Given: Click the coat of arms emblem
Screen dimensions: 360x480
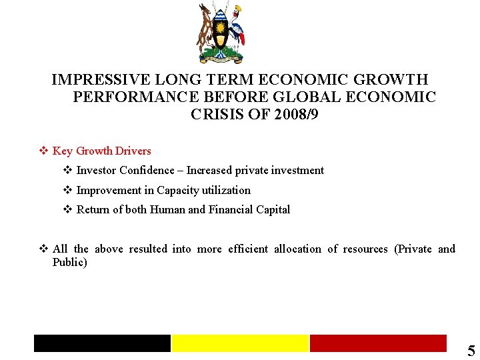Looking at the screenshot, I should click(221, 33).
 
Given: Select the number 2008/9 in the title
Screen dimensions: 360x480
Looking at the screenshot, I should click(295, 115).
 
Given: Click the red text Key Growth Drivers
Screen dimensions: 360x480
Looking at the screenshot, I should click(102, 151).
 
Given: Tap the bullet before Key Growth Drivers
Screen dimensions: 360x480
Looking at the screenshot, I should click(43, 151).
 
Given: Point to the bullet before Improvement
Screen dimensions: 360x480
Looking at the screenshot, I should click(67, 190).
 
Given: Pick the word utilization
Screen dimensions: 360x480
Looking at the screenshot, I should click(223, 191).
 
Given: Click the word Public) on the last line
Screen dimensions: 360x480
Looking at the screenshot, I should click(70, 263).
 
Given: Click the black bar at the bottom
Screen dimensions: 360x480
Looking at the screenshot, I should click(103, 343).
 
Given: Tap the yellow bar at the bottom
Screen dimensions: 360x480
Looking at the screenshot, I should click(240, 343).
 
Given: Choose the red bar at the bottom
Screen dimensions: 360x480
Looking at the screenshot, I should click(378, 343).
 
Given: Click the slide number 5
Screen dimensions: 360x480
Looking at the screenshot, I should click(471, 351).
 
